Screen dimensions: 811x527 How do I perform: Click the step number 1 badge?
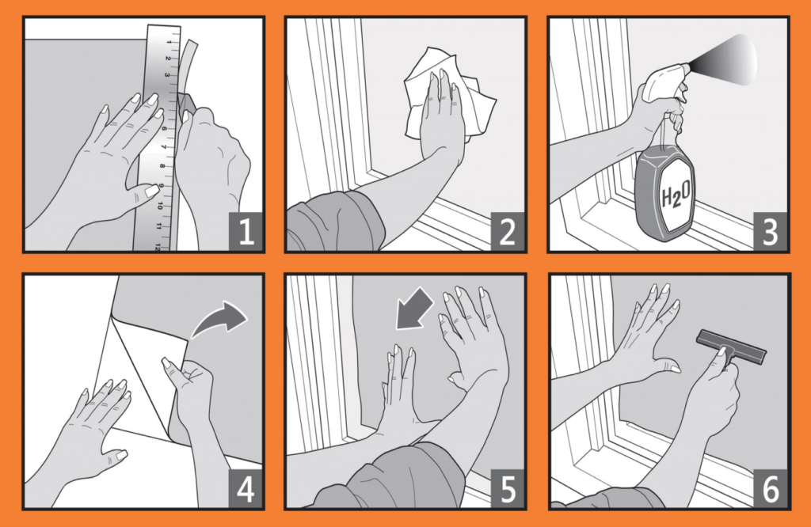[x=246, y=231]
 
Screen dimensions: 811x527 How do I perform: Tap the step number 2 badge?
[x=508, y=231]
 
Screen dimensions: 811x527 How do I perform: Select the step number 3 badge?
[x=770, y=231]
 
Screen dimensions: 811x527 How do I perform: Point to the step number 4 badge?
[x=246, y=488]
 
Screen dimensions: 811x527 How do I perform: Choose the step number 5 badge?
[x=508, y=488]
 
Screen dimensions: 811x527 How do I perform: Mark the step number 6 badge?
[x=770, y=488]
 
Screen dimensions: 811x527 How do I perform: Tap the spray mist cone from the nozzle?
[x=724, y=59]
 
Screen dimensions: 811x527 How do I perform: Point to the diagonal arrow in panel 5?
[x=413, y=309]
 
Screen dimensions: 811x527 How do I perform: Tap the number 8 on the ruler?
[x=162, y=166]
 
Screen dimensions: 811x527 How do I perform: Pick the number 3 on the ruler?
[x=167, y=75]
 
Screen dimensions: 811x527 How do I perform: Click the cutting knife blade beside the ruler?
[x=186, y=102]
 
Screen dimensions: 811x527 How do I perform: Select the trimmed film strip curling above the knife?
[x=188, y=67]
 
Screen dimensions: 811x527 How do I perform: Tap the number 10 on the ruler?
[x=160, y=205]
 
